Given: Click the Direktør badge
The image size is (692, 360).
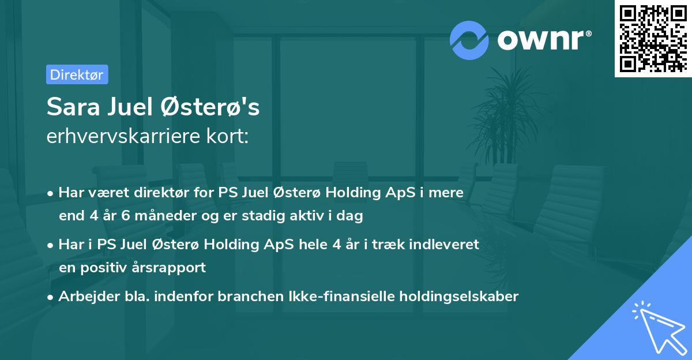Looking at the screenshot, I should pos(77,74).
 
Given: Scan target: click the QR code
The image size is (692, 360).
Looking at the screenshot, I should pos(653,38).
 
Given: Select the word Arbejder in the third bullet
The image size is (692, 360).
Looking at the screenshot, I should pos(85,297).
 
